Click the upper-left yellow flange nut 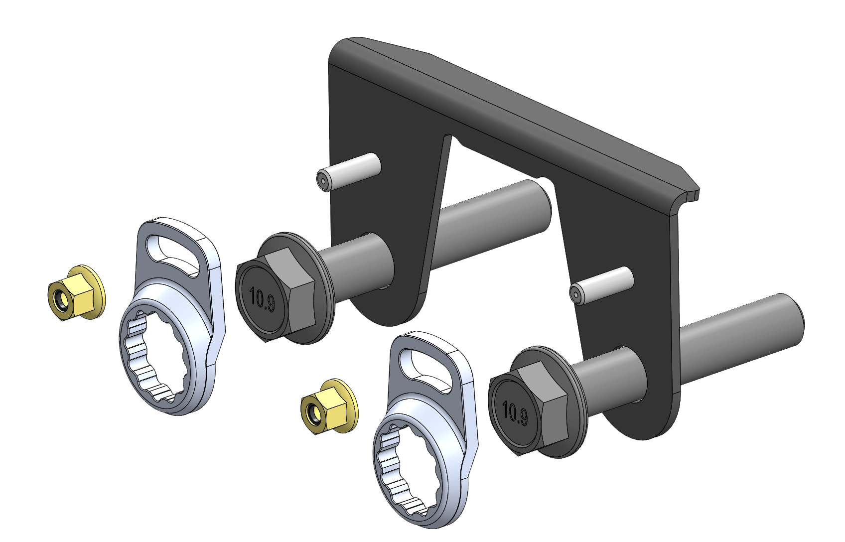[x=77, y=292]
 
